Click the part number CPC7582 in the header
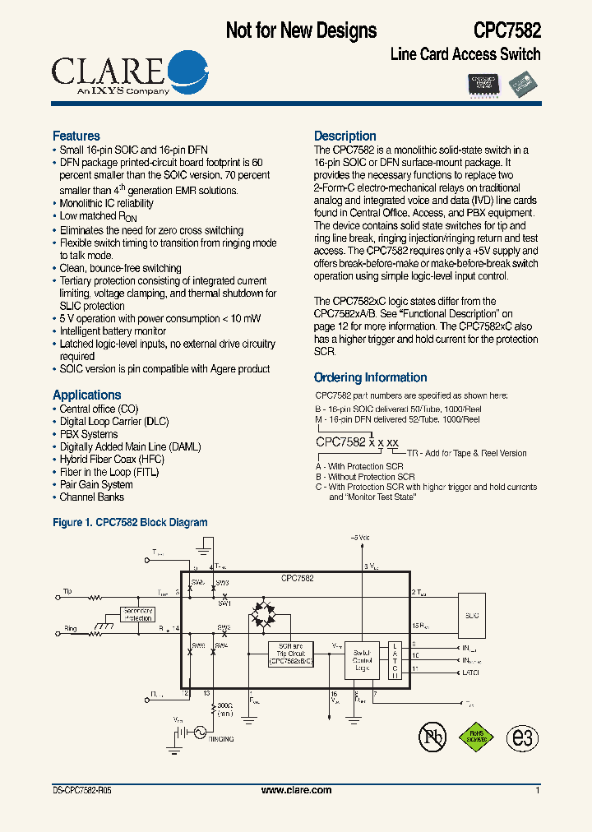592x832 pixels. point(506,30)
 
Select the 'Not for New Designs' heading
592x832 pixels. point(301,30)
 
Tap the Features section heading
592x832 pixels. point(76,136)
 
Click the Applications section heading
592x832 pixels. point(86,395)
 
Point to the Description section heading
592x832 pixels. point(345,136)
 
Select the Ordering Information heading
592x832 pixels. point(370,377)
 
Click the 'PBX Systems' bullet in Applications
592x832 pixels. point(89,434)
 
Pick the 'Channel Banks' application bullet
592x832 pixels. point(92,497)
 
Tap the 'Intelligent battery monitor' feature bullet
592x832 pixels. point(113,331)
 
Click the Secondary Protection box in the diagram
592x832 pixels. point(137,615)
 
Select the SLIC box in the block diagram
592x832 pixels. point(472,615)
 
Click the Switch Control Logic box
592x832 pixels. point(362,659)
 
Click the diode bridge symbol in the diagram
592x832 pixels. point(265,615)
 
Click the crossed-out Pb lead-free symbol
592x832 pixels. point(432,737)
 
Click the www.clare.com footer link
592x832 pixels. point(296,790)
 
